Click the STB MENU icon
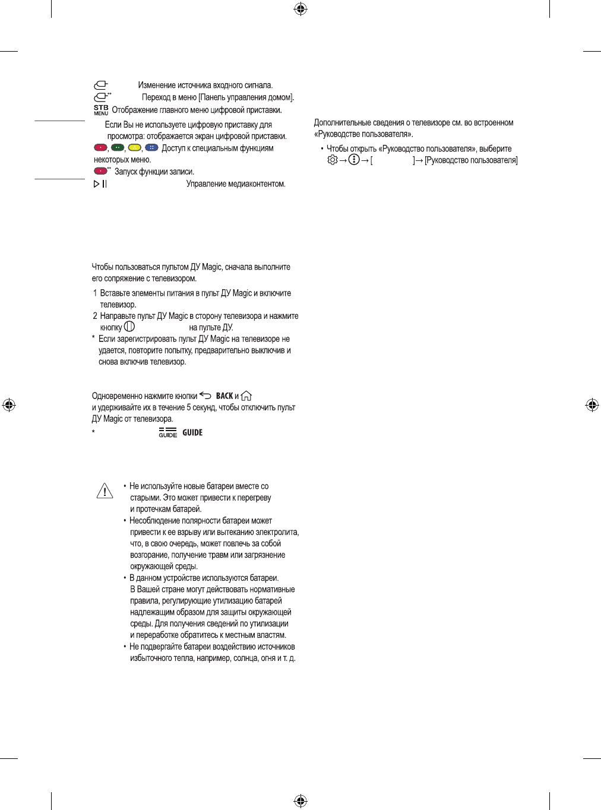(x=101, y=110)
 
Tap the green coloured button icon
(x=118, y=148)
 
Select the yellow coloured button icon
(x=135, y=148)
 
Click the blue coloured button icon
(x=151, y=148)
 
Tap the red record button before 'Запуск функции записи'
(x=101, y=171)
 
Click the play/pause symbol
(x=100, y=184)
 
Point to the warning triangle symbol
(x=105, y=491)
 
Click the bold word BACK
(x=224, y=396)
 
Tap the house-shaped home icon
(x=246, y=396)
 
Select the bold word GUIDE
(x=192, y=432)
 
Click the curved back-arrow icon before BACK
(x=205, y=395)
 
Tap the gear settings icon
(x=333, y=160)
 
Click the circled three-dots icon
(x=354, y=160)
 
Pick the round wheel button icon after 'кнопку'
(x=129, y=327)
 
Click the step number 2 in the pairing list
(x=95, y=316)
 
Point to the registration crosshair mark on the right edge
(x=591, y=405)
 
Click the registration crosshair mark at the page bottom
(x=300, y=800)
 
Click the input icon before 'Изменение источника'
(x=100, y=86)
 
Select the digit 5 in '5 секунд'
(x=189, y=407)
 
